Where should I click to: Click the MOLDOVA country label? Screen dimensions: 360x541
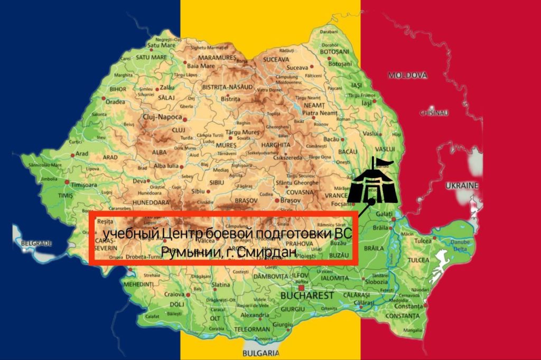[x=407, y=76]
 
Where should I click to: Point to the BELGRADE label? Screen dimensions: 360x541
[x=36, y=243]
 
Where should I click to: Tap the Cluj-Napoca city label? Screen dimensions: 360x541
[x=162, y=117]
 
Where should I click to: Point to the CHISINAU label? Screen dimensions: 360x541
[x=434, y=113]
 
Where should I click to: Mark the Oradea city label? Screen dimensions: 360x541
[x=115, y=101]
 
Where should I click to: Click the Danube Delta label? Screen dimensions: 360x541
[x=461, y=245]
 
